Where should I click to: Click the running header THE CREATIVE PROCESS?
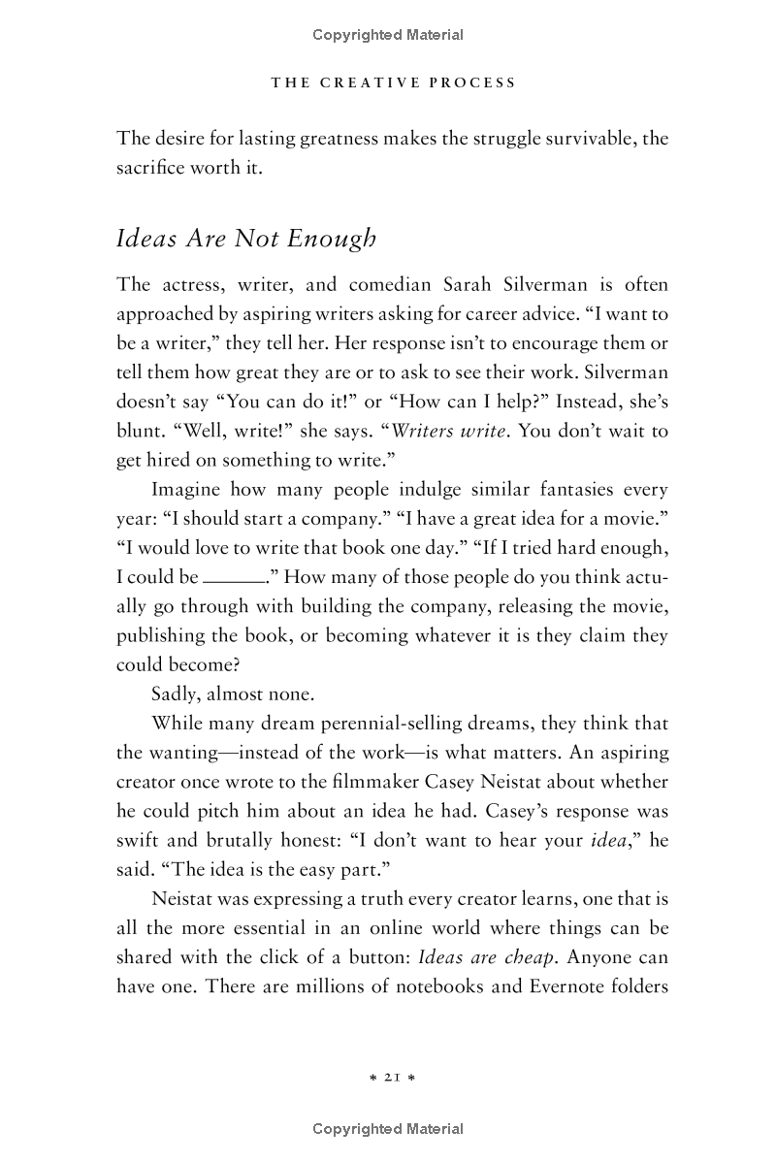(x=393, y=82)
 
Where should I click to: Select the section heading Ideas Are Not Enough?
(x=245, y=239)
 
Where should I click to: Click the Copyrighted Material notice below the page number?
(x=388, y=1129)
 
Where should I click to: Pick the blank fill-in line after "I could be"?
(x=234, y=577)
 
